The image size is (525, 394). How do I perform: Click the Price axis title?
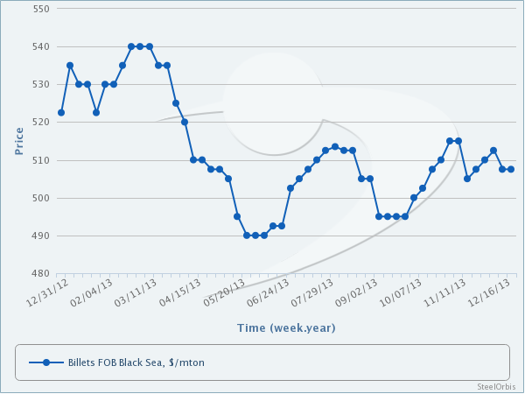click(19, 140)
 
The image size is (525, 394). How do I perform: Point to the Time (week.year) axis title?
click(285, 327)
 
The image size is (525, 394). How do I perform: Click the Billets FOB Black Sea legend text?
click(136, 362)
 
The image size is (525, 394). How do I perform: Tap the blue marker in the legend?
click(46, 362)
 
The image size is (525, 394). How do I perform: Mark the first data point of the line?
click(61, 112)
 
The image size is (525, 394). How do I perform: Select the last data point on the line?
click(511, 169)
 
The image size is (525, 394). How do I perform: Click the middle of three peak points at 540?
click(140, 46)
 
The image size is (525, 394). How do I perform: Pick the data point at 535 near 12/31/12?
click(70, 66)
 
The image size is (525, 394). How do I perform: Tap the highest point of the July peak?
click(335, 146)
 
